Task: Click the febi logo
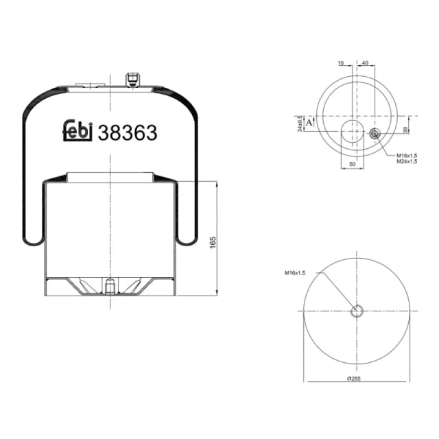[x=77, y=132]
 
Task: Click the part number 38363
[x=128, y=132]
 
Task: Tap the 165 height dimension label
[x=213, y=241]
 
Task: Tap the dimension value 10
[x=341, y=63]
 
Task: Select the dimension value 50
[x=353, y=165]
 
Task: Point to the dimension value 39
[x=406, y=130]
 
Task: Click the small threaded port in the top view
[x=375, y=134]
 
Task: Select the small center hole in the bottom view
[x=357, y=311]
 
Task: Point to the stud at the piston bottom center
[x=109, y=283]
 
